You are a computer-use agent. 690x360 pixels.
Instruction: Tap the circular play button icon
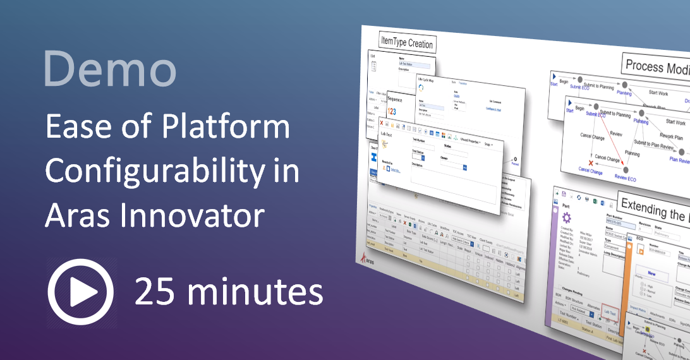click(x=80, y=292)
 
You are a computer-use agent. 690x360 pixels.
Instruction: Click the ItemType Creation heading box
click(x=408, y=43)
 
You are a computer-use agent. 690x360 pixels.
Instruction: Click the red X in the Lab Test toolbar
click(x=381, y=123)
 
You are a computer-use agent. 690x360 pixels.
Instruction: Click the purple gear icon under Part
click(x=567, y=217)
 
